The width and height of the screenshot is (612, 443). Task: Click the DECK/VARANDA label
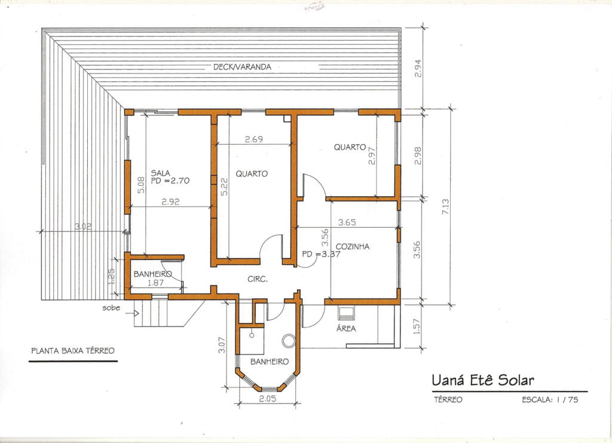tap(242, 67)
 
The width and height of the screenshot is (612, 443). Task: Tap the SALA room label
tap(160, 173)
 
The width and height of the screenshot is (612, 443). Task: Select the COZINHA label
tap(353, 246)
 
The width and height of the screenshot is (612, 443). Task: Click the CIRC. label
tap(258, 279)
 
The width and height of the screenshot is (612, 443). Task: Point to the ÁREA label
tap(346, 328)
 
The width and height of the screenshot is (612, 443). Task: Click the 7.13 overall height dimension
tap(445, 206)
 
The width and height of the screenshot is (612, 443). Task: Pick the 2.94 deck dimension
tap(417, 68)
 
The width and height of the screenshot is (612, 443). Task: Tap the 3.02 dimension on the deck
tap(82, 227)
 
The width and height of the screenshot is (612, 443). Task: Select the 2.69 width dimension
tap(253, 139)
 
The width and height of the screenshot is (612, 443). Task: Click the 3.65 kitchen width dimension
tap(347, 222)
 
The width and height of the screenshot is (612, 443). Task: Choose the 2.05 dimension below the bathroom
tap(267, 399)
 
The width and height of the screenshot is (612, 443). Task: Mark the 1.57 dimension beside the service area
tap(417, 326)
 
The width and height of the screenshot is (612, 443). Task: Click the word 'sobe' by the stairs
tap(111, 308)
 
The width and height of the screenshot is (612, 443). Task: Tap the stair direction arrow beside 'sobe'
tap(136, 313)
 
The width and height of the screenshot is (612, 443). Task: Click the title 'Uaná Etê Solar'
tap(483, 380)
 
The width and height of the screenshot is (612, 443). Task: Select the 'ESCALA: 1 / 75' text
tap(550, 400)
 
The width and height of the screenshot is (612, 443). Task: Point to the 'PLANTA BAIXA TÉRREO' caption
tap(73, 350)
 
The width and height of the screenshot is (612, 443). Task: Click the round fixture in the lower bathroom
tap(289, 340)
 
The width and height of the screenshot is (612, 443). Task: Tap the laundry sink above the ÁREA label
tap(346, 313)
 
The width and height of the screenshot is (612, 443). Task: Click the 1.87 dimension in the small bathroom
tap(156, 283)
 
